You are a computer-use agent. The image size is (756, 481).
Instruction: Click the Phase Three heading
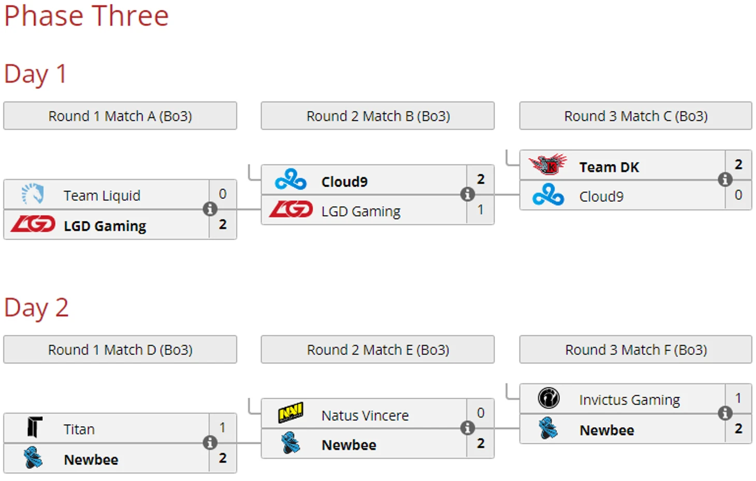click(86, 16)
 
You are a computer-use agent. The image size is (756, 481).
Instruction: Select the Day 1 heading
click(35, 73)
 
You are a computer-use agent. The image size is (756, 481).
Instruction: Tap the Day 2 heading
click(36, 307)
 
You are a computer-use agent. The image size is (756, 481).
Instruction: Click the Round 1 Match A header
click(120, 116)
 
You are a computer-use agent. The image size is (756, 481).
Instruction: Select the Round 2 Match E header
click(378, 350)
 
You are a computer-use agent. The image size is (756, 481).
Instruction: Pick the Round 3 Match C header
click(636, 116)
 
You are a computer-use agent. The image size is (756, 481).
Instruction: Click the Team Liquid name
click(102, 196)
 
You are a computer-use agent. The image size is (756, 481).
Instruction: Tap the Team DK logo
click(548, 165)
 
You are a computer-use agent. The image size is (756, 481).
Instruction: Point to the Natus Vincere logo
click(290, 413)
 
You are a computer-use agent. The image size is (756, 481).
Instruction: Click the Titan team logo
click(34, 428)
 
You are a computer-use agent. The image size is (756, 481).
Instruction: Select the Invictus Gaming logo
click(548, 398)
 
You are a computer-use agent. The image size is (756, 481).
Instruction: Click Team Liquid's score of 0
click(223, 194)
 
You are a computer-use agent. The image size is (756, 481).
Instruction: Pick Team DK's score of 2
click(738, 164)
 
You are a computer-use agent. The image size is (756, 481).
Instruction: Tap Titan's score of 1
click(223, 428)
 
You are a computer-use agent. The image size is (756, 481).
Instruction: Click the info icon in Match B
click(468, 194)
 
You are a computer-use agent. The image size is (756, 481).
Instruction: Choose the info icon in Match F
click(725, 413)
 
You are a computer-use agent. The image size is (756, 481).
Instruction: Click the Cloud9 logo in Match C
click(548, 195)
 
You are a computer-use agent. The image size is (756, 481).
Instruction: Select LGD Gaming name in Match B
click(361, 211)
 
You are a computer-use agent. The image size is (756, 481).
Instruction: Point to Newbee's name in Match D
click(91, 459)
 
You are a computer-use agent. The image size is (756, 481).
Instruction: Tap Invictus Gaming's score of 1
click(738, 398)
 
